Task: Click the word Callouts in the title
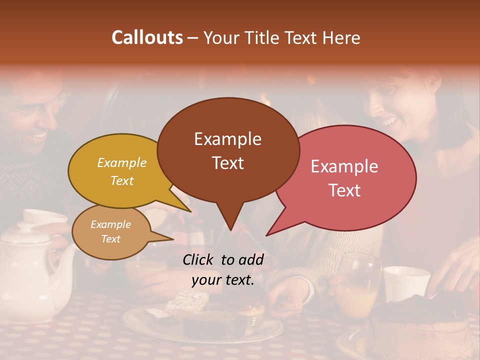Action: pos(147,37)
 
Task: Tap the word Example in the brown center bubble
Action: pos(227,139)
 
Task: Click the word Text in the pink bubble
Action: pos(344,190)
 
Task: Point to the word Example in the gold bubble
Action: pos(122,162)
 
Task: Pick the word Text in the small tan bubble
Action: pos(110,239)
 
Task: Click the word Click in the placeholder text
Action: pos(199,259)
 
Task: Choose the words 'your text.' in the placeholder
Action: pos(223,280)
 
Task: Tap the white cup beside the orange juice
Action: pos(405,283)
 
